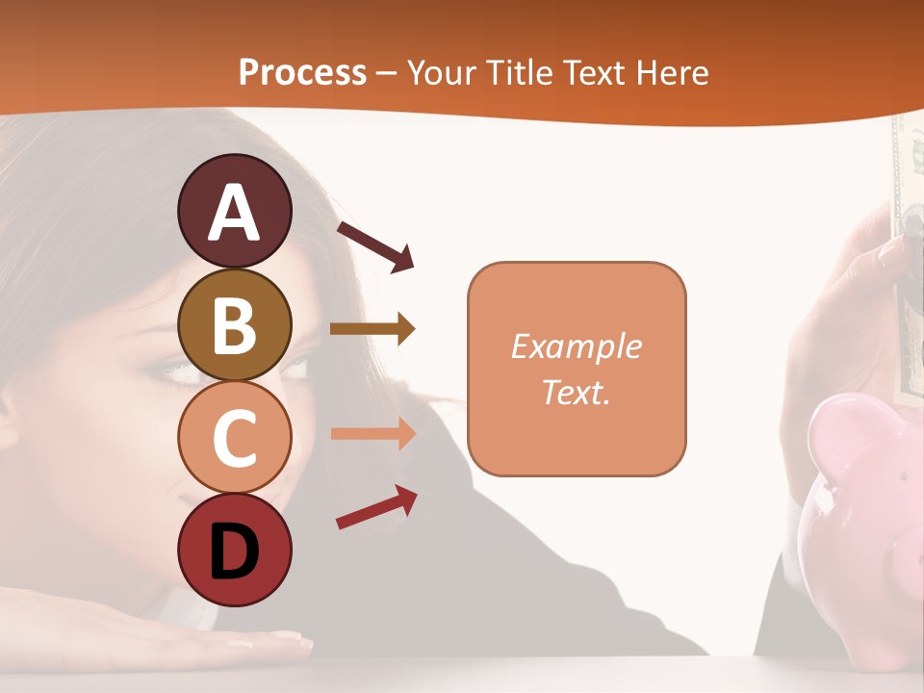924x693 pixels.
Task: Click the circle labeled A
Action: tap(234, 211)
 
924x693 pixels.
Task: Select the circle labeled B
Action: tap(234, 324)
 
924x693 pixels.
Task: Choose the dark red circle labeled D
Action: tap(234, 550)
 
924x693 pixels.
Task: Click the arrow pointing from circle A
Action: tap(375, 246)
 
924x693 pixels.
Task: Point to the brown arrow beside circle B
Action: tap(372, 329)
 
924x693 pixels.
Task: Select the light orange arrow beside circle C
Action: tap(372, 433)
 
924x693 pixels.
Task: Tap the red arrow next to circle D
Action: tap(376, 507)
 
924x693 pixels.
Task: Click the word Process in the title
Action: tap(302, 72)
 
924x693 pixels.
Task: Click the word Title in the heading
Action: tap(515, 72)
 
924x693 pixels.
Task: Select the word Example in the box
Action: tap(576, 346)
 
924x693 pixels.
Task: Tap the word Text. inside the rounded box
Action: tap(576, 392)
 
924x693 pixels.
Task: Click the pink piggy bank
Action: tap(866, 520)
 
